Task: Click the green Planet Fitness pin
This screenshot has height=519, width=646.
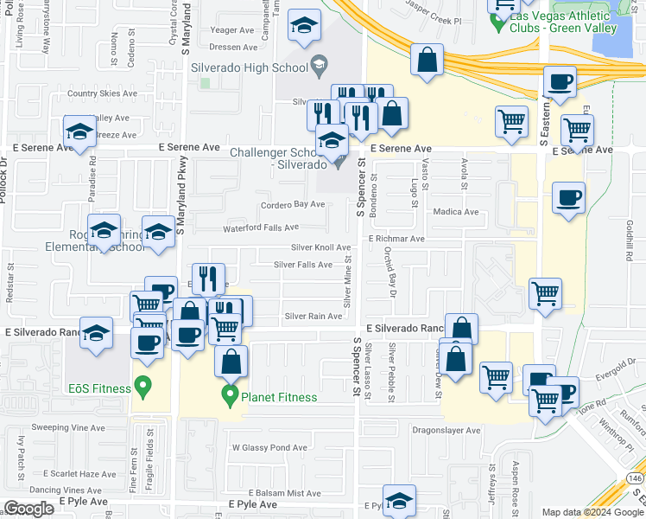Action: [230, 396]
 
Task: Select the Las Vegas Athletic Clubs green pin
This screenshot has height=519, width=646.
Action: [498, 21]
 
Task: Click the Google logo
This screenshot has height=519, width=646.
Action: [29, 509]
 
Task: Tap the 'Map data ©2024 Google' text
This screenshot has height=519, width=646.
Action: [592, 512]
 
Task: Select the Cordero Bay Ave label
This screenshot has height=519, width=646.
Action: [293, 205]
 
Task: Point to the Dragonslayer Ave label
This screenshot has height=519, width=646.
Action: [446, 430]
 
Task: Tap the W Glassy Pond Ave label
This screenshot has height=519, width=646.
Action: [269, 448]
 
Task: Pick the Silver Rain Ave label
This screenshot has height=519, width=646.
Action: [313, 317]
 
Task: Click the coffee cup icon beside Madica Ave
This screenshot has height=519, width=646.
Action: [568, 198]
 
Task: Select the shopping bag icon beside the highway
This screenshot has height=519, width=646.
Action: [427, 61]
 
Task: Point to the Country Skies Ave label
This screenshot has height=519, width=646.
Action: [102, 93]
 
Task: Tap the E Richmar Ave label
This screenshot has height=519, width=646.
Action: [396, 239]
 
